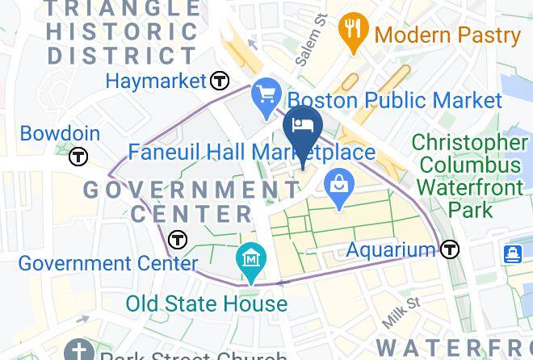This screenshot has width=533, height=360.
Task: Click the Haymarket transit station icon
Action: click(219, 81)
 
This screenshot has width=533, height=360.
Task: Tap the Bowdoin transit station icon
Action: click(78, 157)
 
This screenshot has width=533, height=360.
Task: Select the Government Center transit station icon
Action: click(178, 240)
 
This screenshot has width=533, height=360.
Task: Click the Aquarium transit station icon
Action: click(450, 249)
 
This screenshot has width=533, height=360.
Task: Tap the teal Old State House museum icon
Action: click(251, 259)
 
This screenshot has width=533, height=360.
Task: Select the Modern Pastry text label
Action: click(448, 35)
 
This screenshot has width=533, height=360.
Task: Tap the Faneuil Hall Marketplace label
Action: click(252, 152)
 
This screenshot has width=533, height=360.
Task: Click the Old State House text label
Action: click(207, 303)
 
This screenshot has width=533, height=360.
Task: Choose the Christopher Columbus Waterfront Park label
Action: click(468, 176)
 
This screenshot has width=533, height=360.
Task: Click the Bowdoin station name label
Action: click(60, 134)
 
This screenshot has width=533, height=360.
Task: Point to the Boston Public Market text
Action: click(395, 100)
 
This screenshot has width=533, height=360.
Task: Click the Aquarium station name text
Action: click(392, 250)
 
